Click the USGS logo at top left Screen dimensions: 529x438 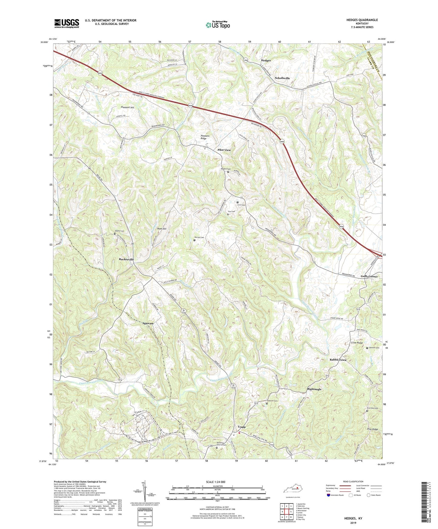[x=67, y=23]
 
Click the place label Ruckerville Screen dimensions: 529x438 [x=126, y=260]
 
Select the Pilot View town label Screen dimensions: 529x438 [x=224, y=150]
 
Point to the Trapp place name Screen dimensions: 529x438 [x=242, y=427]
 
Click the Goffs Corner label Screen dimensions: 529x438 [x=369, y=276]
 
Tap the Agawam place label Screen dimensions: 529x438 [x=148, y=323]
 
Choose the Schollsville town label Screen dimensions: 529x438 [x=282, y=78]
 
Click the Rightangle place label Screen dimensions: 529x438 [x=314, y=389]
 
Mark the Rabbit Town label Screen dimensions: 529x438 [x=338, y=360]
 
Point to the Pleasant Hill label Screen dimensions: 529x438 [x=127, y=107]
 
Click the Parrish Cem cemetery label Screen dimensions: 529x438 [x=199, y=238]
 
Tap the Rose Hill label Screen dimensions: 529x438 [x=162, y=229]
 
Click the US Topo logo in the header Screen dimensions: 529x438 [x=217, y=25]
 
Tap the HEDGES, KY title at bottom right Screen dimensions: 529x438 [x=353, y=518]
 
